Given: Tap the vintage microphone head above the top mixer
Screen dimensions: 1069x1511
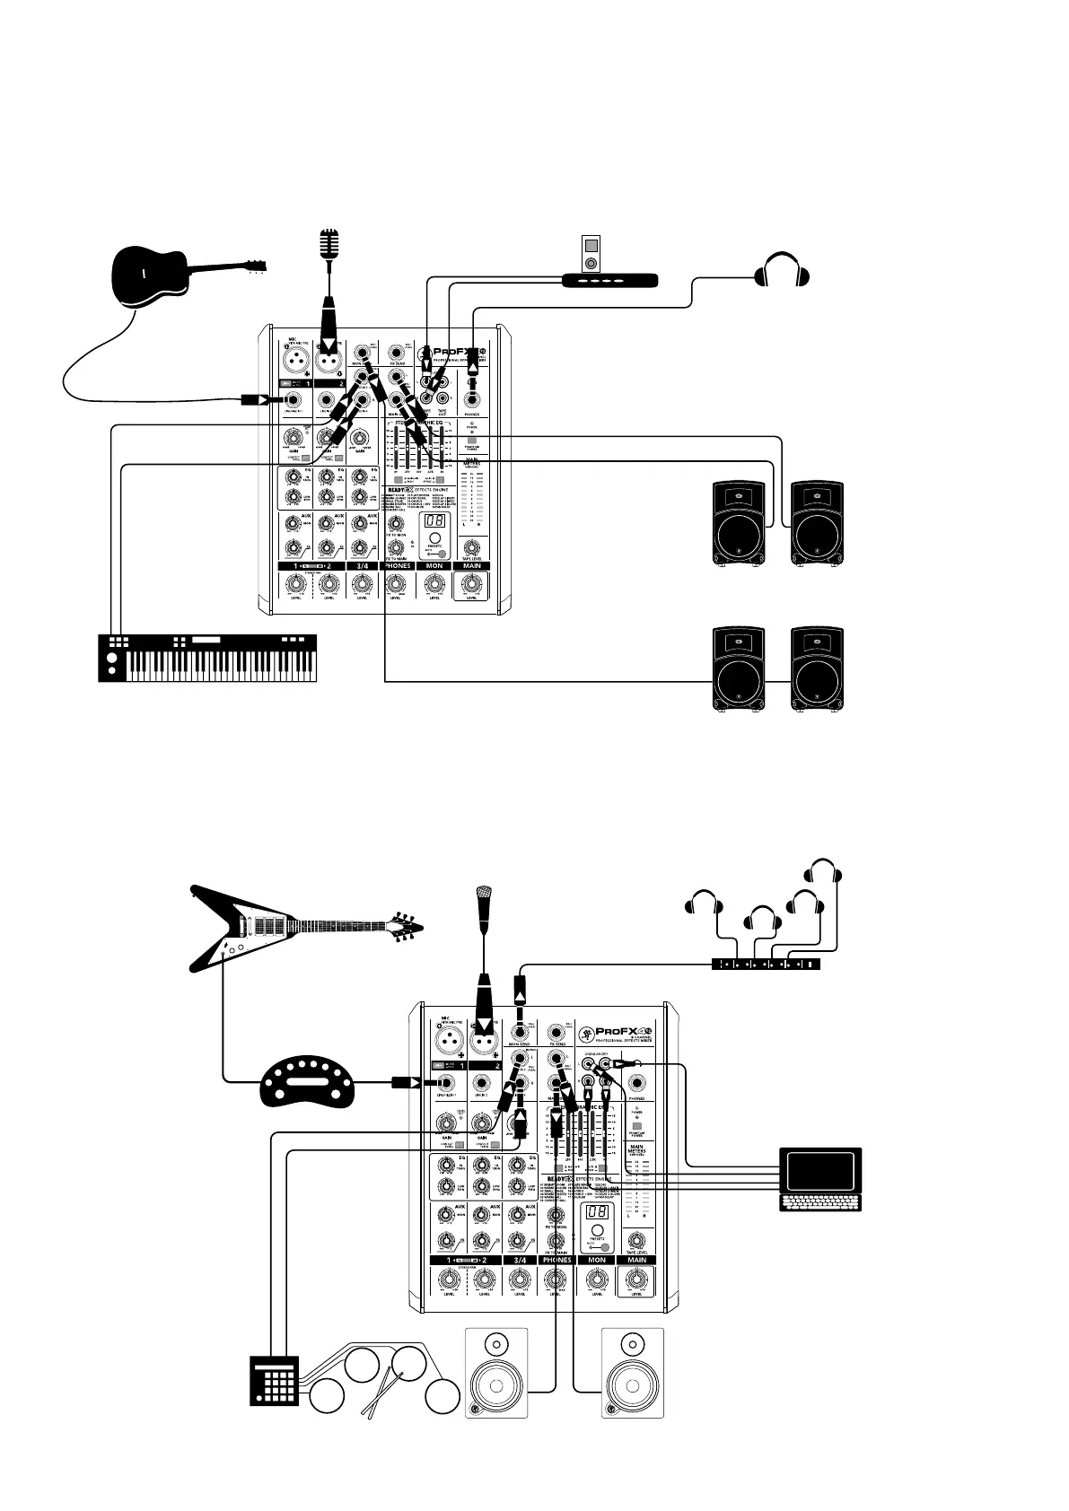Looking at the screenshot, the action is click(331, 242).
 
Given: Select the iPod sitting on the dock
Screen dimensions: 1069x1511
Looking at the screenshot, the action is click(589, 254).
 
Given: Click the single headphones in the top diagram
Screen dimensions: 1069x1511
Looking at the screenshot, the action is click(783, 270).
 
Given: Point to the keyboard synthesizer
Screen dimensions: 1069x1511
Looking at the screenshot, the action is click(207, 658).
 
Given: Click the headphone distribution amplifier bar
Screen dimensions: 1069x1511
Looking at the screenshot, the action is click(766, 964).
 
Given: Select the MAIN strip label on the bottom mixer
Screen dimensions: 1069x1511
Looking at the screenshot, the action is click(636, 1260).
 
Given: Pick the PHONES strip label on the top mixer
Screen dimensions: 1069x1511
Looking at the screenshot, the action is click(397, 566).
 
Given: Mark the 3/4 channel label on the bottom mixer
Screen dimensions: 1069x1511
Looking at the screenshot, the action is click(520, 1260).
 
